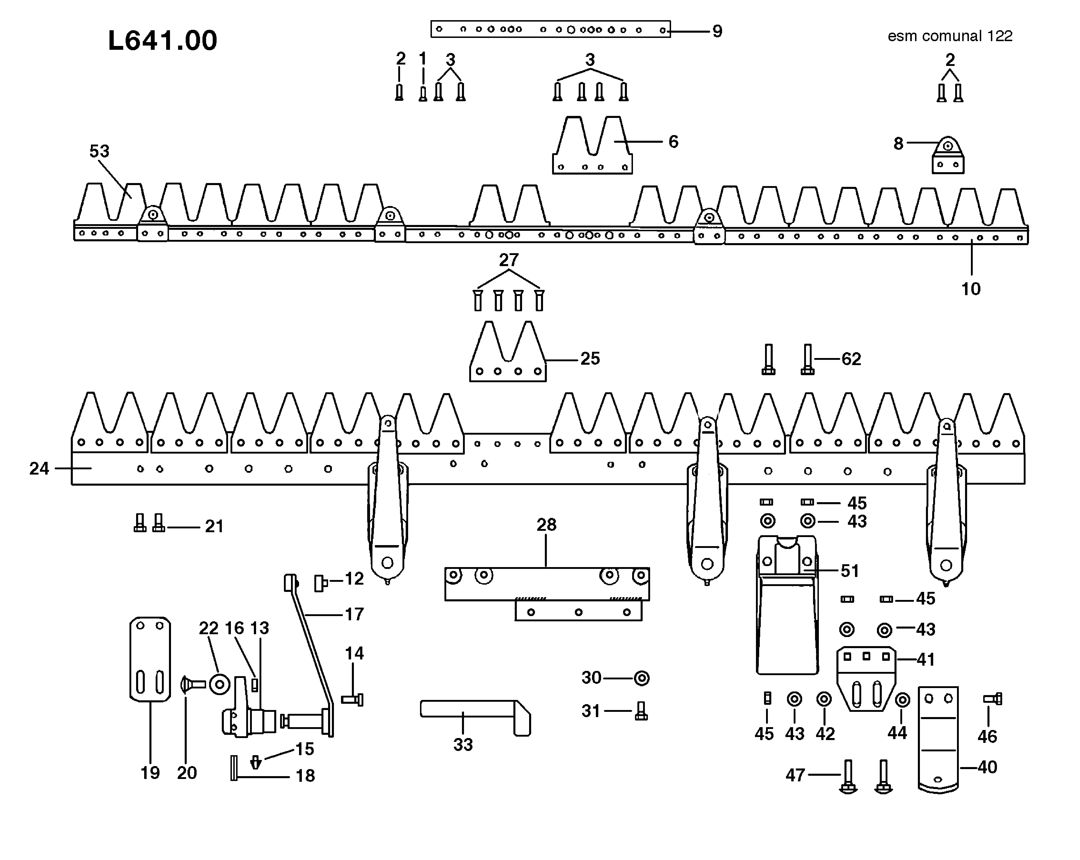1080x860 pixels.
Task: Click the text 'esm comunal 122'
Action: tap(950, 36)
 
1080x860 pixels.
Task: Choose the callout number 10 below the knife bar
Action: tap(970, 289)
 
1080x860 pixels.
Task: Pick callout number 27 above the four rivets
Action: tap(508, 260)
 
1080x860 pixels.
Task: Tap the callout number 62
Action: tap(851, 359)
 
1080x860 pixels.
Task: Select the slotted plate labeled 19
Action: tap(150, 659)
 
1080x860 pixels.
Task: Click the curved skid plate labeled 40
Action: tap(938, 739)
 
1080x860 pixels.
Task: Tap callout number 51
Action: tap(850, 571)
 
